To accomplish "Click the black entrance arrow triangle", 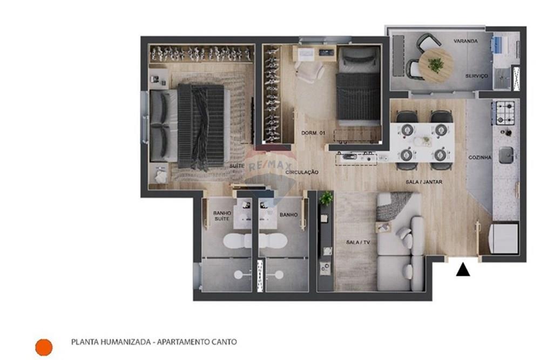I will coord(463,269).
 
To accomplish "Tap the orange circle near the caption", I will coord(44,347).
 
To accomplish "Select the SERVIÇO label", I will coord(477,76).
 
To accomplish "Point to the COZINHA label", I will coord(480,158).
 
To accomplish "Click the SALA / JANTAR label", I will coord(424,182).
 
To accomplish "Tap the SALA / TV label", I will coord(357,242).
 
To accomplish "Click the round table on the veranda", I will coord(436,65).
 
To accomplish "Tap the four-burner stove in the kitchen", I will coord(507,112).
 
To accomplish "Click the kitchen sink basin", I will coord(507,155).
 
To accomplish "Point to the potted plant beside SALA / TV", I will coord(326,199).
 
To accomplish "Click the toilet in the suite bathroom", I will coord(233,240).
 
